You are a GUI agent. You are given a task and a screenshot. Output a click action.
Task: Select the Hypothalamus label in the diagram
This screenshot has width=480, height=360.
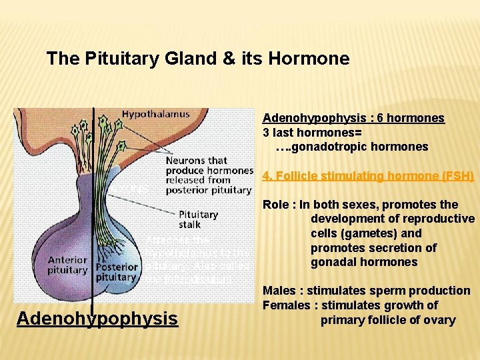pyautogui.click(x=155, y=114)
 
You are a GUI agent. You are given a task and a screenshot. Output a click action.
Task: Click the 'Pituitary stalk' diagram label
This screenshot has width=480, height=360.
pyautogui.click(x=198, y=219)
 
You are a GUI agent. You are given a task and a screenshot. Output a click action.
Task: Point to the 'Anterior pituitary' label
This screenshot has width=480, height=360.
pyautogui.click(x=67, y=265)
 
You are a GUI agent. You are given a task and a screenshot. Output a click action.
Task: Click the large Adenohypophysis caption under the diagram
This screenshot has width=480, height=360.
pyautogui.click(x=97, y=319)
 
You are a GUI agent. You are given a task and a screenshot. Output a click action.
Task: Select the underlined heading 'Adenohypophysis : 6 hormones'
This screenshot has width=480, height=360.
pyautogui.click(x=353, y=118)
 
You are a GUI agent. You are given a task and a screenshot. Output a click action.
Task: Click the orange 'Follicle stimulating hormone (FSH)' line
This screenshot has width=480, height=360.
pyautogui.click(x=368, y=176)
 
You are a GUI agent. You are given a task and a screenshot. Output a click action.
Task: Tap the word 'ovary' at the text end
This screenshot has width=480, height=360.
pyautogui.click(x=441, y=320)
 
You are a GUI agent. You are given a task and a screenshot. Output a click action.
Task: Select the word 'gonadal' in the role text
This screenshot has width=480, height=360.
pyautogui.click(x=332, y=262)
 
